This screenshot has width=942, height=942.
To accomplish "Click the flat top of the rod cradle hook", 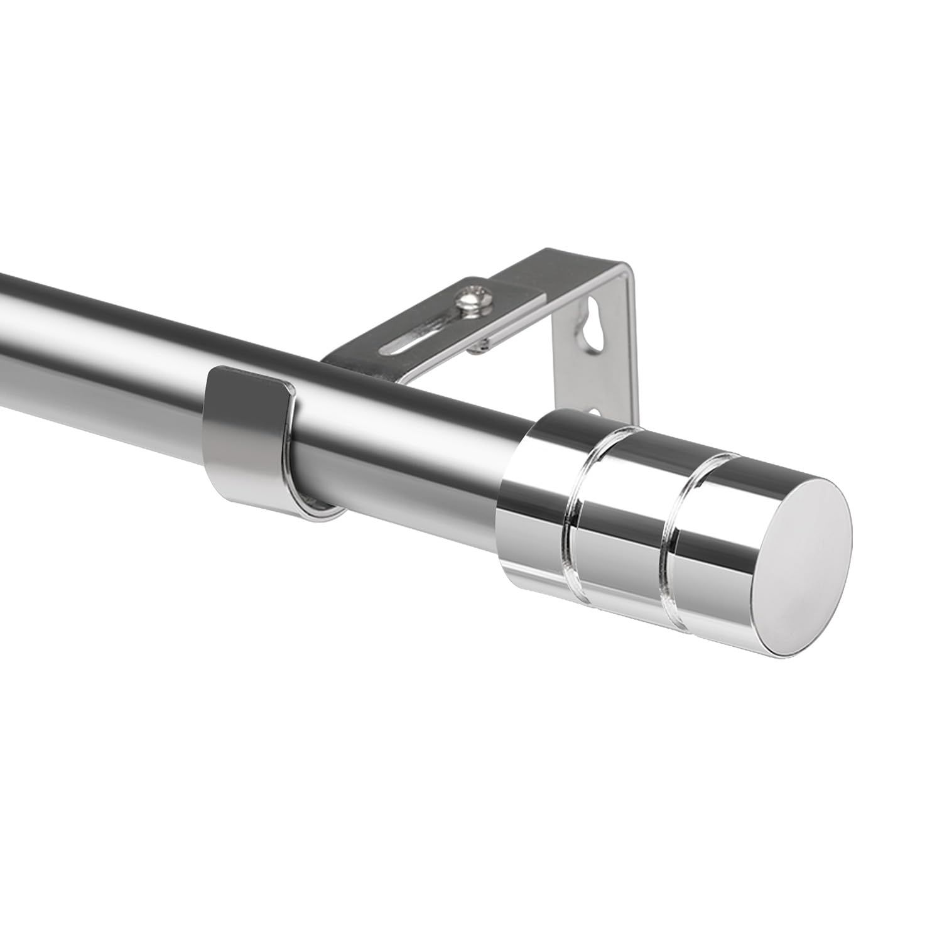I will (251, 380).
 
